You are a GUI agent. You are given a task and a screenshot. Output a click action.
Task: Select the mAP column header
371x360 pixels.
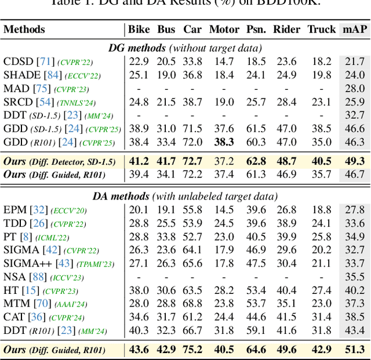(x=354, y=30)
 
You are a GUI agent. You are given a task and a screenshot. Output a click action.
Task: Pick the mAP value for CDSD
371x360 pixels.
(x=355, y=61)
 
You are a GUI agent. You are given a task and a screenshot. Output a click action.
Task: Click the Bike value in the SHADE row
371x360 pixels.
(x=139, y=75)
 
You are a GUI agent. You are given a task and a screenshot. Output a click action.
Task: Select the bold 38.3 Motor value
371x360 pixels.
(x=224, y=141)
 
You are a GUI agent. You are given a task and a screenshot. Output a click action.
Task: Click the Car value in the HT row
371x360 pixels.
(x=192, y=290)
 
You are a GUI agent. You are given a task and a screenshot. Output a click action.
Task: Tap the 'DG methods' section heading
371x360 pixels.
(x=184, y=48)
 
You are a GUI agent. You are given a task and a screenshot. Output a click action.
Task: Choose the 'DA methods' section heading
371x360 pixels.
(x=184, y=197)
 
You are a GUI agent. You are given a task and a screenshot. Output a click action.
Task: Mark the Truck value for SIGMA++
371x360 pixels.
(x=321, y=263)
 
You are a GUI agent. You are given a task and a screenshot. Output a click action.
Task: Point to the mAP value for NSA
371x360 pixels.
(x=355, y=277)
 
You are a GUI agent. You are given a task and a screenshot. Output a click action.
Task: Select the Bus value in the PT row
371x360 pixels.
(x=166, y=237)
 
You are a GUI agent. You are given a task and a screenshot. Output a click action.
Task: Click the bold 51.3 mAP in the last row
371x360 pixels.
(x=354, y=349)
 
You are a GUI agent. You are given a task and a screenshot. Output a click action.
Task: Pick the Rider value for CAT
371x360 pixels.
(x=286, y=317)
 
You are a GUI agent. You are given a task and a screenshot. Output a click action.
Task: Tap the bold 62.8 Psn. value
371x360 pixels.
(x=255, y=161)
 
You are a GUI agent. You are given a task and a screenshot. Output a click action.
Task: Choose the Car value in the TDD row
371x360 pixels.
(x=192, y=223)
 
